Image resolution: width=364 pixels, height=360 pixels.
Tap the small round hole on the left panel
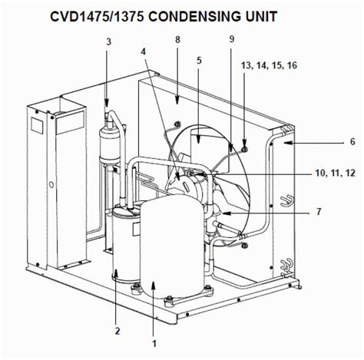(50, 184)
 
